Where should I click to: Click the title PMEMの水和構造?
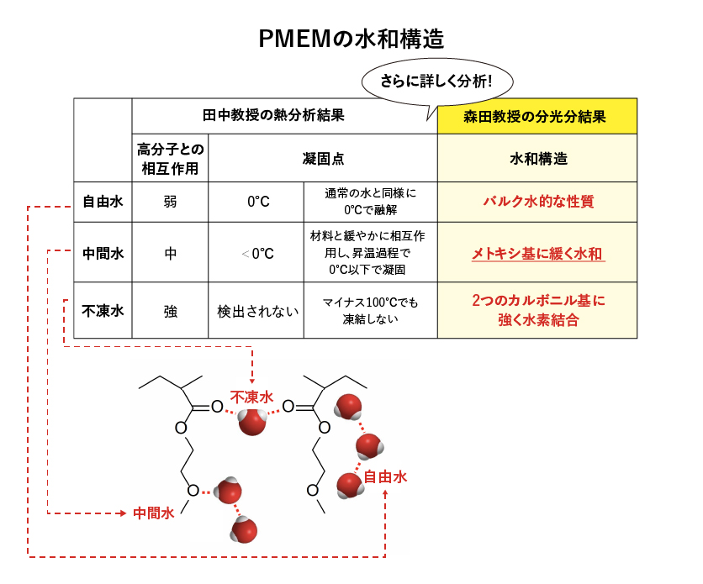[351, 39]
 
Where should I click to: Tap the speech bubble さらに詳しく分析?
[437, 82]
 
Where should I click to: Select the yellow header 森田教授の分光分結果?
[537, 117]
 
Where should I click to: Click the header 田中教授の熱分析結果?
[273, 116]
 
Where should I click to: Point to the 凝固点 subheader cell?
[323, 158]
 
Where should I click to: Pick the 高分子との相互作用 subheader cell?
[170, 158]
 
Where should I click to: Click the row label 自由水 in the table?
[103, 202]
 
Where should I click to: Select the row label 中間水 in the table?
[103, 253]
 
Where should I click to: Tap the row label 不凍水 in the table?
[103, 310]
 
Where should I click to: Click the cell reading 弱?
[170, 202]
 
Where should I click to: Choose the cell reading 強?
[170, 311]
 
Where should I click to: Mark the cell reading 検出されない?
[257, 311]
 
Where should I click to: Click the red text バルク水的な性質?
[538, 202]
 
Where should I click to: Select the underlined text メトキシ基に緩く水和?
[537, 254]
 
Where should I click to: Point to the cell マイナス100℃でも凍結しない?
[370, 310]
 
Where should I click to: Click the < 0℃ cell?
[257, 254]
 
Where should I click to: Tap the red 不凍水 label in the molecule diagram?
[252, 397]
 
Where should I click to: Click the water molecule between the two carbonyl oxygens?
[252, 421]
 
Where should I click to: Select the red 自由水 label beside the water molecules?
[385, 476]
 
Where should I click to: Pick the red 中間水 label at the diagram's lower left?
[153, 513]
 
